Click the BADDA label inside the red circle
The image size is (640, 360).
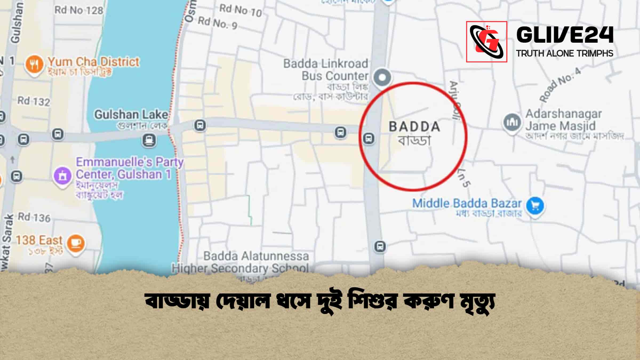[x=414, y=127]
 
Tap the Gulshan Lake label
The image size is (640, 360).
[x=131, y=115]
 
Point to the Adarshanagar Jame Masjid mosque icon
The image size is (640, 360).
[x=512, y=122]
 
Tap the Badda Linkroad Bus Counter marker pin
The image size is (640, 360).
[x=382, y=78]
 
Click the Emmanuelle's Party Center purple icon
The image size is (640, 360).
[x=62, y=176]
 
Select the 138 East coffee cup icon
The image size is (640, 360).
[x=76, y=243]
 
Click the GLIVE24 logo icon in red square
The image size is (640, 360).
[x=486, y=42]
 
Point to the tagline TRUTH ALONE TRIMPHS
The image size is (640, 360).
[x=565, y=53]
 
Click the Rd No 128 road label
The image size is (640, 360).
[x=79, y=10]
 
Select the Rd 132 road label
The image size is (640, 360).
[x=34, y=101]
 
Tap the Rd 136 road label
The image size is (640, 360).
[x=34, y=218]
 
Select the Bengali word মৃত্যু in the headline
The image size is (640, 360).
[x=476, y=303]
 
